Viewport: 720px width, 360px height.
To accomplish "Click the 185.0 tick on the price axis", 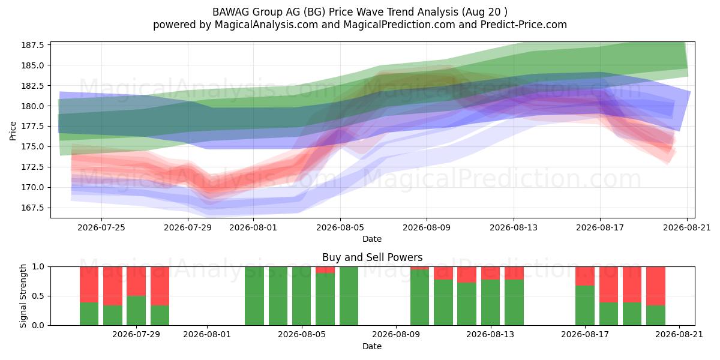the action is click(x=32, y=65).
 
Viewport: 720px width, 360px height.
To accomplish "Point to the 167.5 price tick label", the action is click(x=32, y=208).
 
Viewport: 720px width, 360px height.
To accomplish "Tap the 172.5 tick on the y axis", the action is click(x=32, y=167).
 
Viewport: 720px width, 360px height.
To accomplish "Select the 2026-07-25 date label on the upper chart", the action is click(x=101, y=227).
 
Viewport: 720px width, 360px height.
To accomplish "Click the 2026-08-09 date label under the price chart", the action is click(x=427, y=227).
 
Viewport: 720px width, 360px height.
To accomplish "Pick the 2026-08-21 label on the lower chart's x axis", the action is click(x=679, y=335).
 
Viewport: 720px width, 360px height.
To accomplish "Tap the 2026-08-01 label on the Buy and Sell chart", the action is click(x=207, y=335).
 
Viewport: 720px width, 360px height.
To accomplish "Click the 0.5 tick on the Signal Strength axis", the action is click(x=38, y=296).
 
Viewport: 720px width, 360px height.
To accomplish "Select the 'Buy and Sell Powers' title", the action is click(x=372, y=257).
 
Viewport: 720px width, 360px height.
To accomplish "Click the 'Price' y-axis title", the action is click(x=13, y=131).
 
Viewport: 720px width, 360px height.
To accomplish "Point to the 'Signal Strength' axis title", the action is click(x=23, y=296).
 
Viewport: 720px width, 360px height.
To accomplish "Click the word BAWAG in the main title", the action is click(x=230, y=12).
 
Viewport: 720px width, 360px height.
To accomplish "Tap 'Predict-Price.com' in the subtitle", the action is click(x=524, y=25).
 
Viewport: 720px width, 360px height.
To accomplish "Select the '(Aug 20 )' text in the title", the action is click(x=485, y=12).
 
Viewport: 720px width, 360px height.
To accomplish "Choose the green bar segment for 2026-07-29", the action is click(x=136, y=311).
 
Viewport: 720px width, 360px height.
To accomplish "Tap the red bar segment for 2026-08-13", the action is click(x=491, y=273).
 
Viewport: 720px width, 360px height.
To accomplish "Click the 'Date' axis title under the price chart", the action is click(x=372, y=239).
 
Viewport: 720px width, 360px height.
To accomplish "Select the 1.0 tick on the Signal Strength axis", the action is click(x=38, y=267).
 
